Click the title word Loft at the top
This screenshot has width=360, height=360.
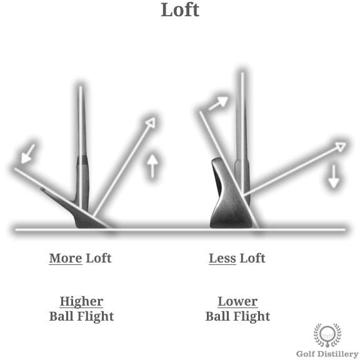pos(180,9)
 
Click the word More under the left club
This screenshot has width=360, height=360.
pos(66,258)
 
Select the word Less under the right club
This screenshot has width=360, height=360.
pos(222,258)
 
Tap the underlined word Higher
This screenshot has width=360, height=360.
pos(81,301)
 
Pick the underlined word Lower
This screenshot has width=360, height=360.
pos(237,301)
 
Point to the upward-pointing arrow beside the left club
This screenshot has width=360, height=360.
pos(152,166)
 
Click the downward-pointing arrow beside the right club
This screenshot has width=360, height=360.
pos(333,176)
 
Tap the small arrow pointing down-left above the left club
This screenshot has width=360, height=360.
pos(27,154)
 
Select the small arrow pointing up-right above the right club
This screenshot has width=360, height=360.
pos(218,103)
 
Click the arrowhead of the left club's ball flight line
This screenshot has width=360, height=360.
pos(151,122)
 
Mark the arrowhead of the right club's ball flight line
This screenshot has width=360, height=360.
pos(341,146)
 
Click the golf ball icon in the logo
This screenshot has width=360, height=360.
pos(327,334)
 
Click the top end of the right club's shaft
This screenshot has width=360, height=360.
pos(242,73)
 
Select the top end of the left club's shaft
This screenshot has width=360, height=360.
pos(81,87)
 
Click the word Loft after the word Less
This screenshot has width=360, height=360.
pos(252,258)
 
